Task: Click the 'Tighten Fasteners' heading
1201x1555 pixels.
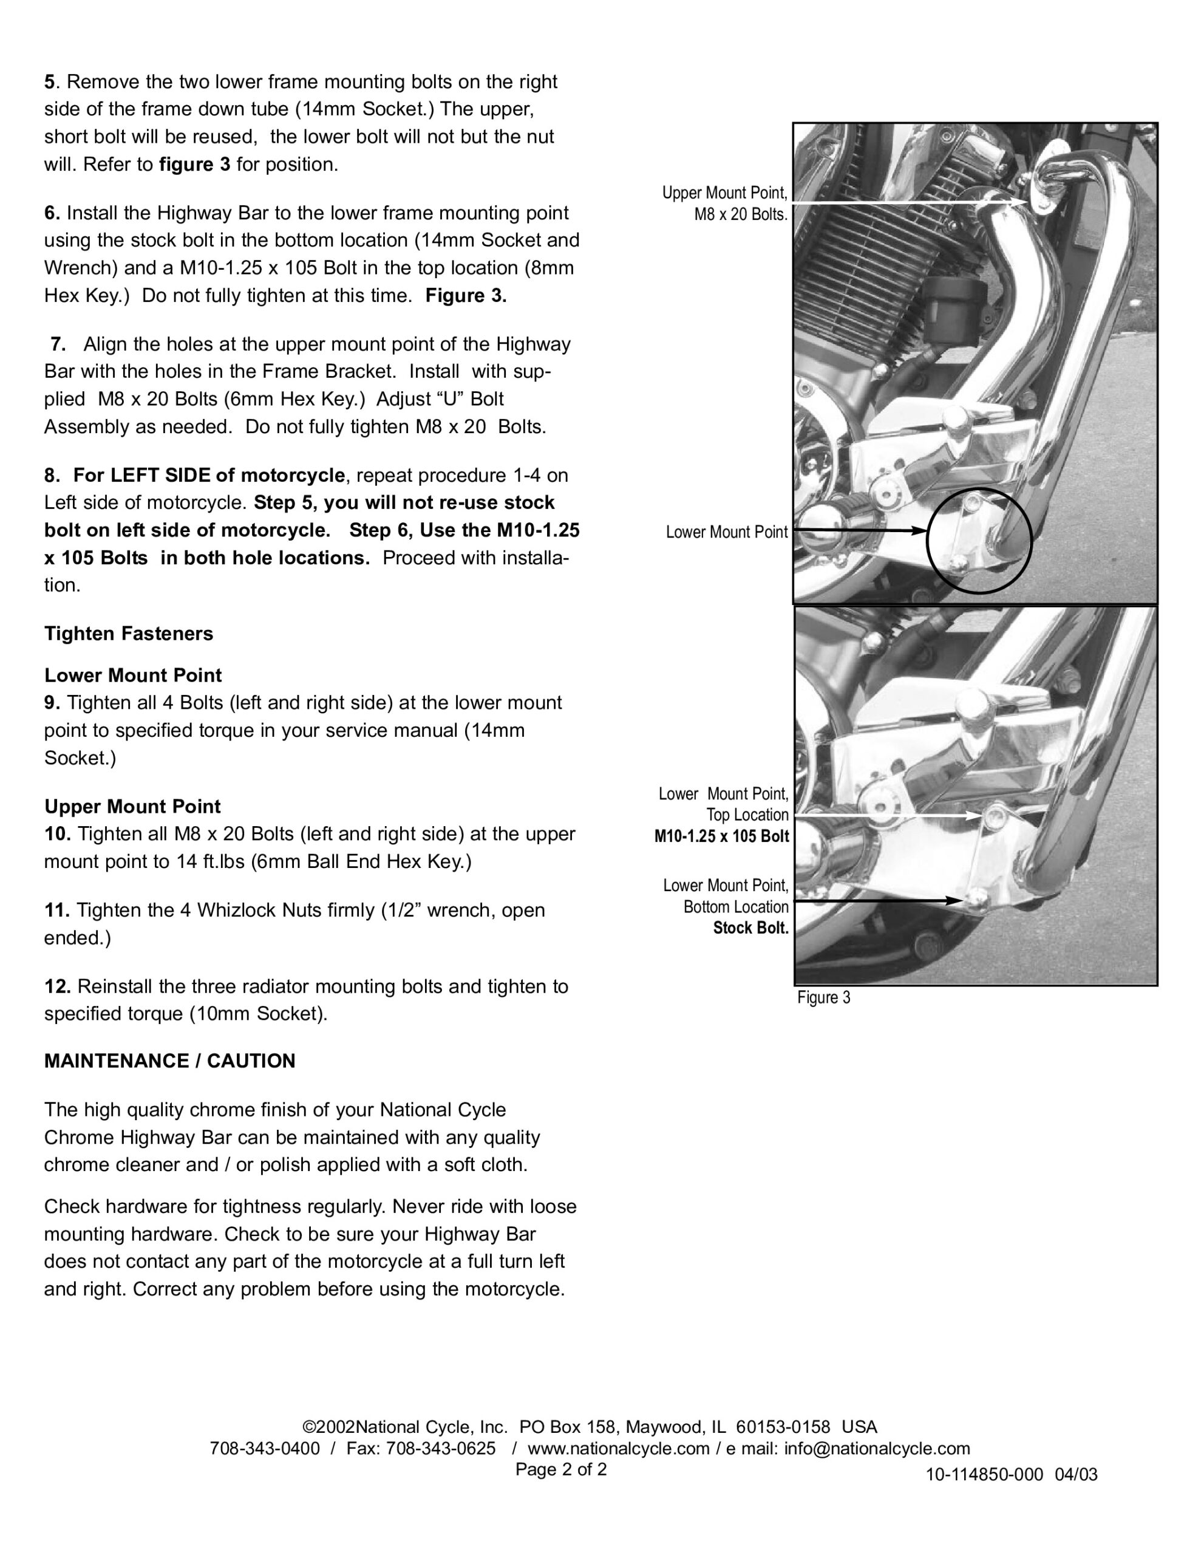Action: click(x=128, y=634)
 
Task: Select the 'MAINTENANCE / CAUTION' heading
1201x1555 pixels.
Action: click(x=169, y=1062)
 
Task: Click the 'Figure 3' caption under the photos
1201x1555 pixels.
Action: click(x=823, y=997)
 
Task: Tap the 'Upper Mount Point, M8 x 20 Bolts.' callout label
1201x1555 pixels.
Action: click(x=725, y=203)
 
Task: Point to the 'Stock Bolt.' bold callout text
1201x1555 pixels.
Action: click(x=750, y=928)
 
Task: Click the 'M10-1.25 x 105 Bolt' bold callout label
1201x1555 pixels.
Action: click(x=721, y=836)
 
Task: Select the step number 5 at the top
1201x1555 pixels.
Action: click(x=49, y=82)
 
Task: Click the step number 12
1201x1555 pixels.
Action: click(x=56, y=987)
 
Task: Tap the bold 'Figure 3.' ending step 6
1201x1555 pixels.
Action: click(x=466, y=295)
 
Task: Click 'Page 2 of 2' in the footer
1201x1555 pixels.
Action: click(x=561, y=1469)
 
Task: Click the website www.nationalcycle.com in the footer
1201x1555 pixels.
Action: click(x=618, y=1448)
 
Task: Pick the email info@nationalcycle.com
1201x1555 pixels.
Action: click(x=877, y=1448)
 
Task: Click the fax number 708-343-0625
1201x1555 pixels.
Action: click(x=441, y=1448)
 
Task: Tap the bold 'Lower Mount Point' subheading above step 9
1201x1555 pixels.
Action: click(x=133, y=675)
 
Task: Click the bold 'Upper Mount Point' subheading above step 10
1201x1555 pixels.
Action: click(x=132, y=807)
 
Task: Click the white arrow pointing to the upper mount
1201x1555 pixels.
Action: click(x=911, y=203)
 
